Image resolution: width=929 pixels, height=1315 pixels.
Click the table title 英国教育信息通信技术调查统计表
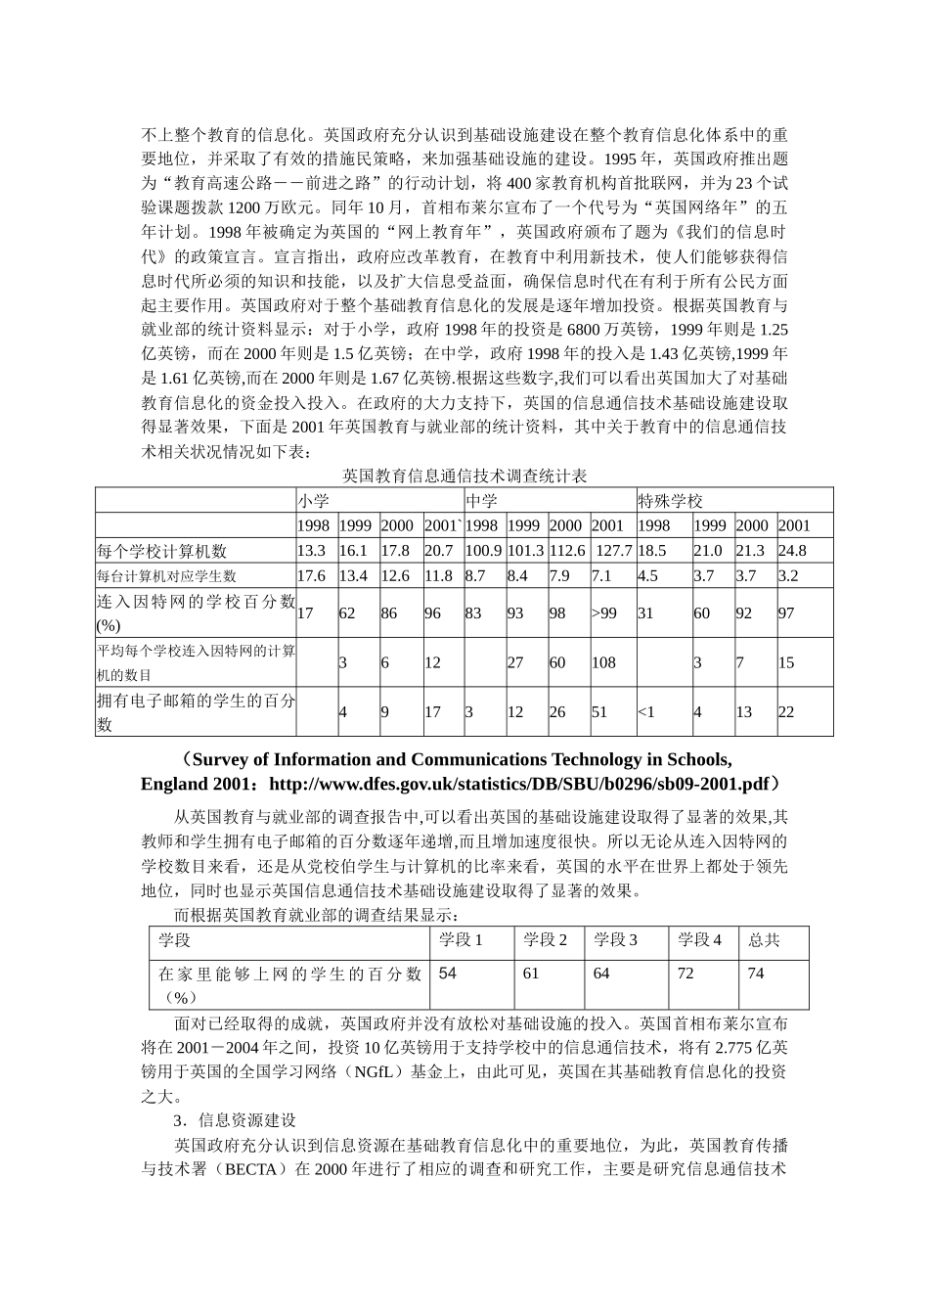(x=464, y=476)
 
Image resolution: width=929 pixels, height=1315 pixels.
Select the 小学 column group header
(x=313, y=501)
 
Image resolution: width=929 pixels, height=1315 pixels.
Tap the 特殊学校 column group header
(x=670, y=501)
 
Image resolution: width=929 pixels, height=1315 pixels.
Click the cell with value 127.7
(x=613, y=551)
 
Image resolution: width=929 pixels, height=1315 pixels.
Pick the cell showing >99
(x=604, y=613)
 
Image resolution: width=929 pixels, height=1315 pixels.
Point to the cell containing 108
(x=603, y=662)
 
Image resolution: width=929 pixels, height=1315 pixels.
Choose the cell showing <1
(x=646, y=711)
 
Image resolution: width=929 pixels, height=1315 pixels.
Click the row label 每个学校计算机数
(x=161, y=551)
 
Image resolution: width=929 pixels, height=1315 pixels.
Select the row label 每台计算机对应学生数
(x=166, y=576)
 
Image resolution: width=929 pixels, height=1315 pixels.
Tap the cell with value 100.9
(x=483, y=551)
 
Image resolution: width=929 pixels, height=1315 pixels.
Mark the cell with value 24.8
(x=792, y=551)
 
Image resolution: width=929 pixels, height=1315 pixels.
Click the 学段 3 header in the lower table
(x=615, y=940)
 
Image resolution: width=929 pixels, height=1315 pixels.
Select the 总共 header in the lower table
(x=764, y=940)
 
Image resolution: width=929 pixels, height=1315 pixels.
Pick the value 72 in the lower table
(x=685, y=974)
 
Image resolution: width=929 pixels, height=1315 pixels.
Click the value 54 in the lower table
(x=448, y=974)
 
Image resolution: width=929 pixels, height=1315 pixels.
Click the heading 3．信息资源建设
(x=235, y=1120)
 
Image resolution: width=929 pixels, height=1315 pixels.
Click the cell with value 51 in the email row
(x=598, y=711)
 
